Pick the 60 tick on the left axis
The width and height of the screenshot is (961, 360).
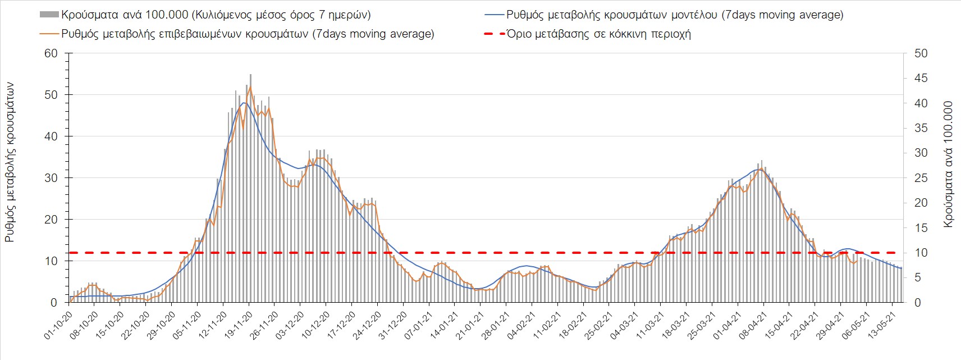pos(51,53)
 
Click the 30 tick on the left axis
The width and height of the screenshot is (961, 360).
pos(51,178)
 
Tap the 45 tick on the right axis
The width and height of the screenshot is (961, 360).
pos(921,78)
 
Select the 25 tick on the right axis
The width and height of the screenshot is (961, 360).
pos(921,178)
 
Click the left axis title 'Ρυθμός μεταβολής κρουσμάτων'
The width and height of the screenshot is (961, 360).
pos(10,163)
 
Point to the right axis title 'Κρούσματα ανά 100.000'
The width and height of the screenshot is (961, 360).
pos(948,164)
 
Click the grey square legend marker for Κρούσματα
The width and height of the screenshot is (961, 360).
pos(49,15)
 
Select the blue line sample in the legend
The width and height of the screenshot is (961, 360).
pos(494,15)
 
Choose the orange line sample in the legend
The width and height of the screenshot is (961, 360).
pos(49,34)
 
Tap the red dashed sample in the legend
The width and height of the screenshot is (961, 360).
pos(494,34)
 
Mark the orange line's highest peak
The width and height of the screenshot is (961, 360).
pos(250,87)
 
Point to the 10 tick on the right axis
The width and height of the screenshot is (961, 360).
pos(921,253)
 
